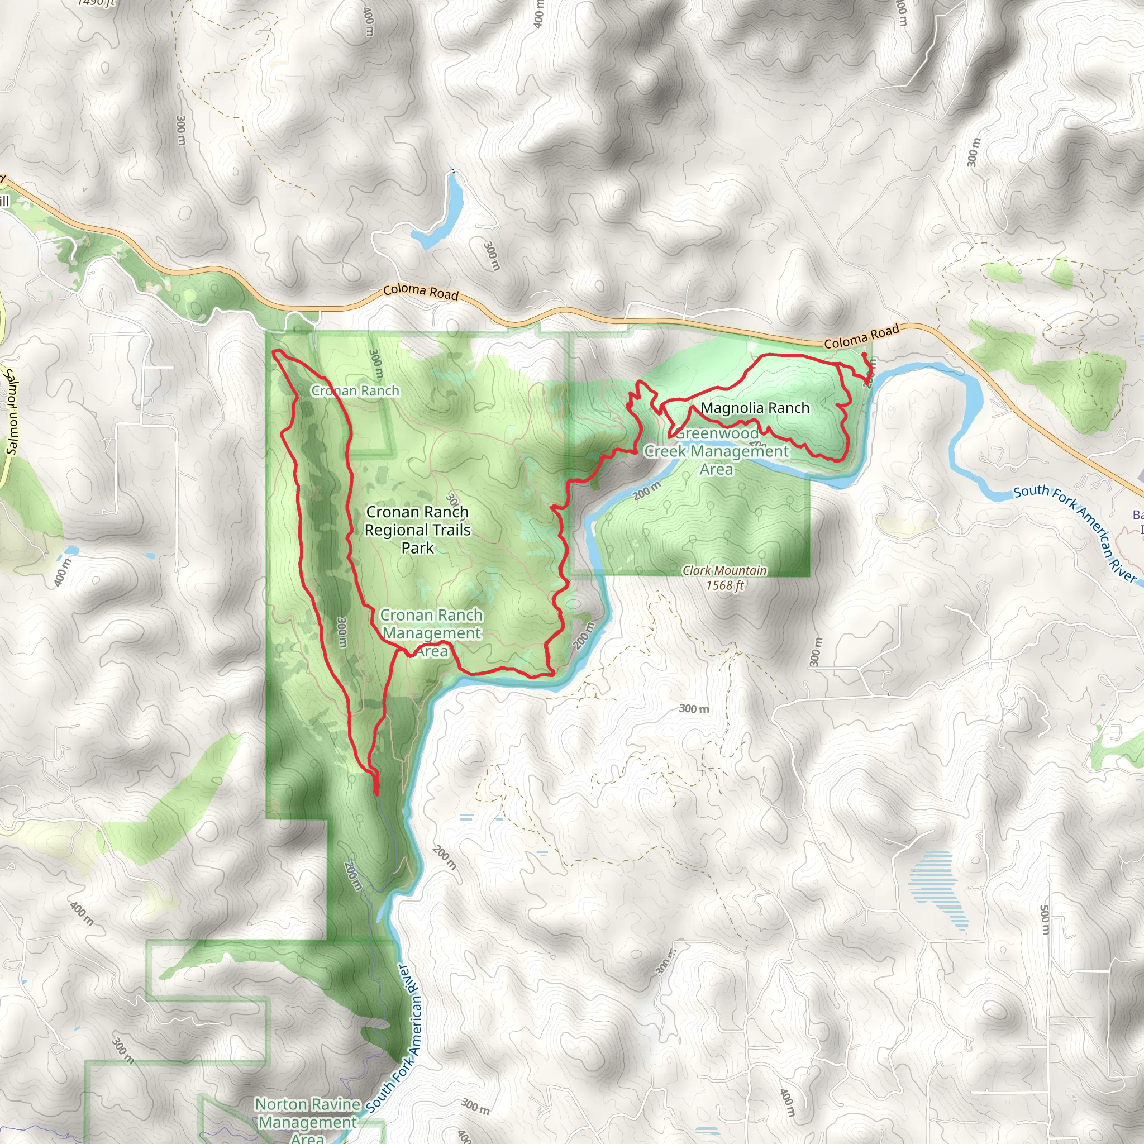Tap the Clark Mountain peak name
(724, 570)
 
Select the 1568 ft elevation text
(724, 585)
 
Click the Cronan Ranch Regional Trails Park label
(417, 530)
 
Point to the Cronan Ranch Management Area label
(432, 633)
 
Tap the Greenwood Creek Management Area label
(717, 451)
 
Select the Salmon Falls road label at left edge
(11, 412)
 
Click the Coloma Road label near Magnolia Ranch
(861, 336)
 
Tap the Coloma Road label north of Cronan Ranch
(421, 292)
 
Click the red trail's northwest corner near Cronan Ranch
(275, 353)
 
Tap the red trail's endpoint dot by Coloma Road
(864, 355)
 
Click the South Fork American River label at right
(1075, 533)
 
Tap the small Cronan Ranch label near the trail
(355, 391)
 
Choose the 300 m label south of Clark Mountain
(693, 708)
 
